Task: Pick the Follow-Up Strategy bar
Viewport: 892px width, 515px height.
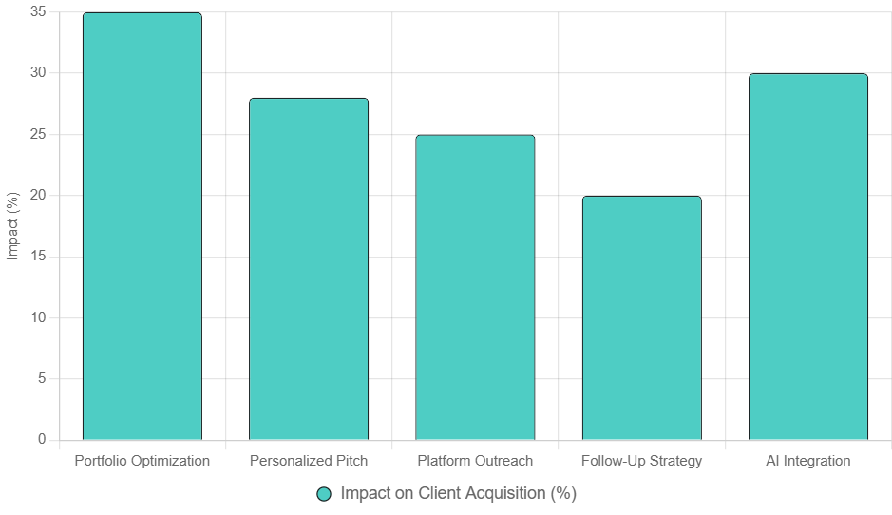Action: tap(641, 317)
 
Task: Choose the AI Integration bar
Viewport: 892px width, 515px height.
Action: tap(808, 257)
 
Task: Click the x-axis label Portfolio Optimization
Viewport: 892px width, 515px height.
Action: tap(142, 461)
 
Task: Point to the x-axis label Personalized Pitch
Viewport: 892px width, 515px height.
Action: tap(309, 461)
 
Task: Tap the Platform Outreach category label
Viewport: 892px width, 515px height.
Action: tap(475, 461)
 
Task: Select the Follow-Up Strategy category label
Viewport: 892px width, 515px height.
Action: tap(641, 461)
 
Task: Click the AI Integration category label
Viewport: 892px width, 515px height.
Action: tap(808, 461)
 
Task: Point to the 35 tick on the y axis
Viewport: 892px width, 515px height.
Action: tap(38, 12)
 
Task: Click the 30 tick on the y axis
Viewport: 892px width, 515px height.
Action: tap(38, 73)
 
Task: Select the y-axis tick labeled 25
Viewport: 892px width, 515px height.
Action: tap(38, 135)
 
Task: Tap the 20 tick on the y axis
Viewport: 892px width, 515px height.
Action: tap(38, 196)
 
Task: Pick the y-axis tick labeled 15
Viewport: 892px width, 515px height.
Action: tap(38, 257)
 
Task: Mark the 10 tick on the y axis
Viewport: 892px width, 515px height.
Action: tap(38, 317)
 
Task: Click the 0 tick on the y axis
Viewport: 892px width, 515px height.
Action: tap(42, 440)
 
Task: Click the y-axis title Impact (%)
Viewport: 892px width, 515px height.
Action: tap(12, 226)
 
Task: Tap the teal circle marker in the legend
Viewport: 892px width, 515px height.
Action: tap(324, 494)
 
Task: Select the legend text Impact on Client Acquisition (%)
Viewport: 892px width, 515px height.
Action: tap(458, 494)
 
